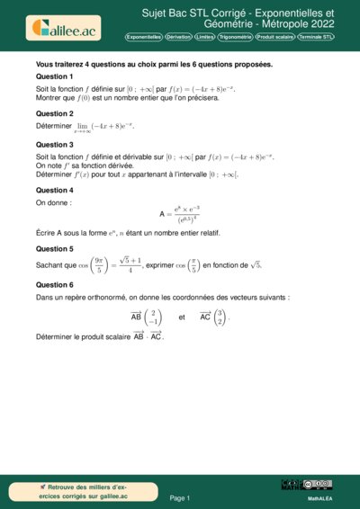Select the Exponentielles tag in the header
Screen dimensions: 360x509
pos(144,38)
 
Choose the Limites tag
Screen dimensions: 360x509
pos(204,38)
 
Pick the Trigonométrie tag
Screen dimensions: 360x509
pos(236,38)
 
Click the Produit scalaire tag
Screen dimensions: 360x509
pos(276,38)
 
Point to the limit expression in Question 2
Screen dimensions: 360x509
pos(107,128)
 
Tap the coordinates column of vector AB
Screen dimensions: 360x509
pos(156,317)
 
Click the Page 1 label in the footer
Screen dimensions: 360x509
pos(180,497)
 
